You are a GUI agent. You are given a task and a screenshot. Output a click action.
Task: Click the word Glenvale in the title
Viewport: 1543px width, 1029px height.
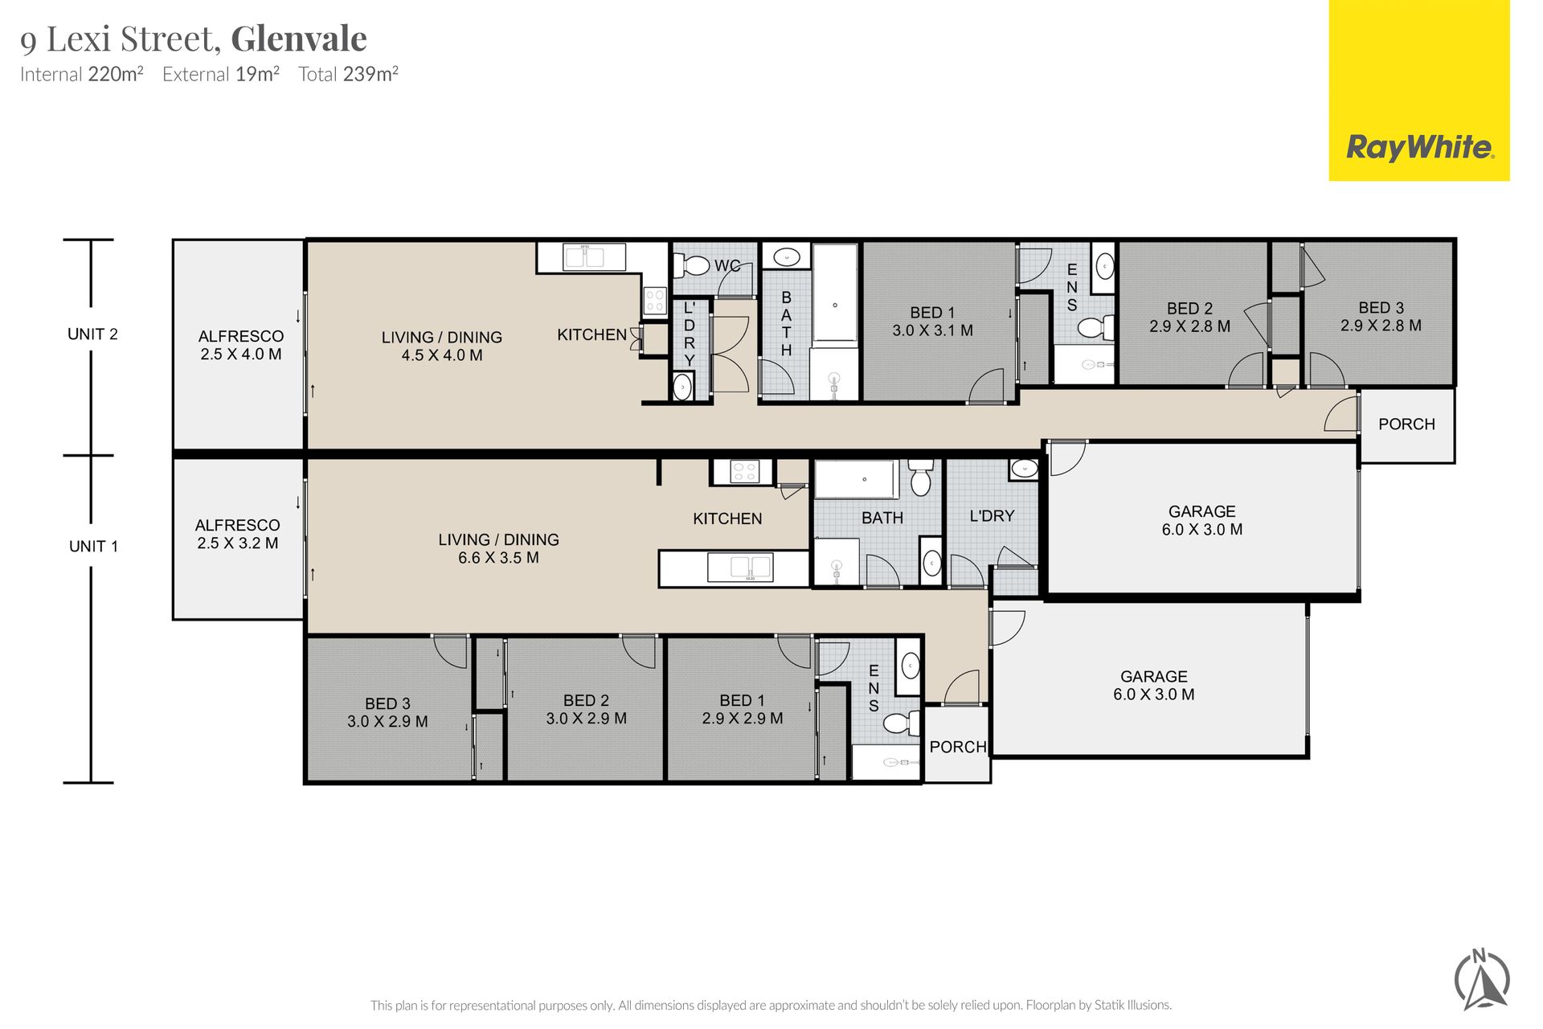(299, 39)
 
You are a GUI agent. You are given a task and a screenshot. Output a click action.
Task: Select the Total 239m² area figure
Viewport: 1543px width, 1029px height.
(349, 74)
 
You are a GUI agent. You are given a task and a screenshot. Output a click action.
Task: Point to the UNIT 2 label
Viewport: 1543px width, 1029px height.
(92, 334)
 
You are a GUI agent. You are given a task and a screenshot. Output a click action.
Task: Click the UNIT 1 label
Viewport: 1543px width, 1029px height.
(93, 546)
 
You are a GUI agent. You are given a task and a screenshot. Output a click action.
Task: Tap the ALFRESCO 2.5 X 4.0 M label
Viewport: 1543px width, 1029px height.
(241, 345)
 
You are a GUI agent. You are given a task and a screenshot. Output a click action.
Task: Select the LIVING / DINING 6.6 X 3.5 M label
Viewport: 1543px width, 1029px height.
(498, 548)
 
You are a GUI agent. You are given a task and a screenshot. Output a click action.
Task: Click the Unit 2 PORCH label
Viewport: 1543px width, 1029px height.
(1406, 424)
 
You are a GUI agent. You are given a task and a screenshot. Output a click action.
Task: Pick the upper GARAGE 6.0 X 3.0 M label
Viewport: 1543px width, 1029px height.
(1202, 520)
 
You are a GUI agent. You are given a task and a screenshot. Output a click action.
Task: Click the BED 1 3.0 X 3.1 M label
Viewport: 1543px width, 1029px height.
(932, 322)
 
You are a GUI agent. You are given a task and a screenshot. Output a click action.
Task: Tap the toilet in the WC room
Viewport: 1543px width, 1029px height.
(692, 264)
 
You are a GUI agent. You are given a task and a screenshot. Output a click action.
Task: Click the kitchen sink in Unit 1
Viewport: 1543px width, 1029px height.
(740, 567)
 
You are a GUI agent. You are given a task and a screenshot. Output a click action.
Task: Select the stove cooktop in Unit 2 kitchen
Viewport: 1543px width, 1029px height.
(655, 301)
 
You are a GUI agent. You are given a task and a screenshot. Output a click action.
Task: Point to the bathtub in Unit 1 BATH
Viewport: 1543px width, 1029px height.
(857, 479)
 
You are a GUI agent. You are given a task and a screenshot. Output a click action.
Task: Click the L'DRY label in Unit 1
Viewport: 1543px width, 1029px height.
(992, 516)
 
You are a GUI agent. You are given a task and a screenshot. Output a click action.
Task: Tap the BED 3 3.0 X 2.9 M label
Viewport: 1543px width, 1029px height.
(387, 712)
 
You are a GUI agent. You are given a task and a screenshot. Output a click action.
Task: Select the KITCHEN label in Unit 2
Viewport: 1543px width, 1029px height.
(592, 334)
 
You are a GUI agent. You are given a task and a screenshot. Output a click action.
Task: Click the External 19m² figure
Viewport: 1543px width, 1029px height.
(221, 74)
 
